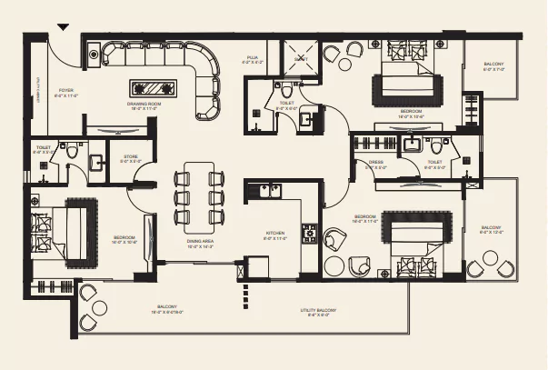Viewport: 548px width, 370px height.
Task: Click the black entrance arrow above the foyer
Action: pos(63,26)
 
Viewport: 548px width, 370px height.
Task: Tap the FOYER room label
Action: pos(66,92)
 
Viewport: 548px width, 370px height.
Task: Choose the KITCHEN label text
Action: pos(276,234)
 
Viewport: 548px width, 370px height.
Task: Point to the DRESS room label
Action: pos(375,164)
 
